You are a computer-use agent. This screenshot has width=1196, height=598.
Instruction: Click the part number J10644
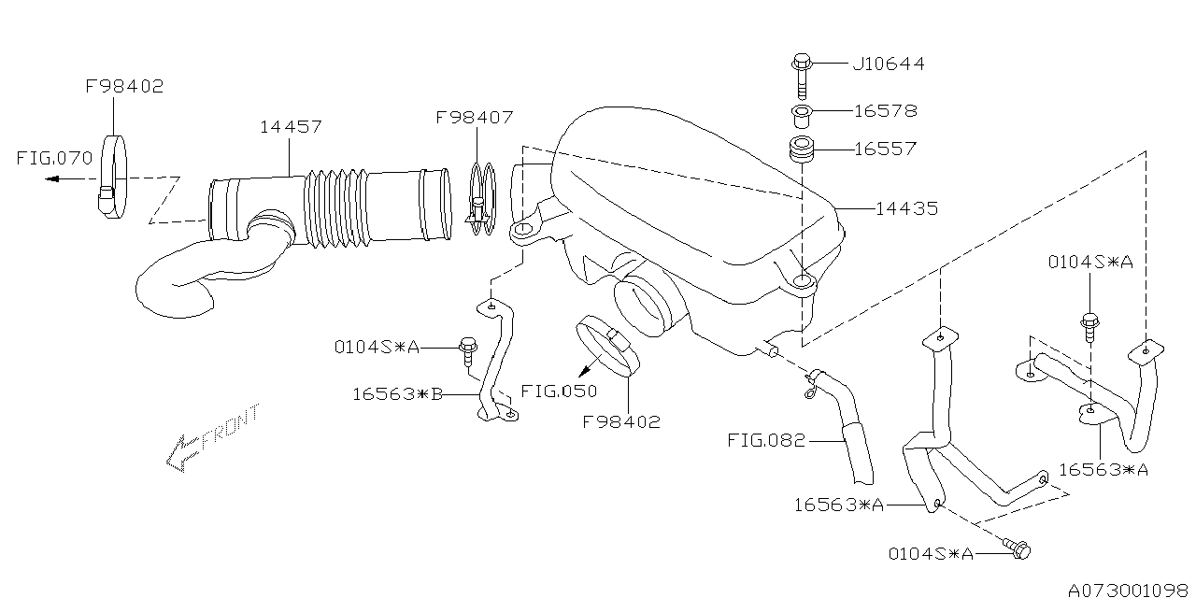[x=888, y=64]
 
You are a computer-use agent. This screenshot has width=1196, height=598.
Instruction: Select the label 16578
[x=885, y=111]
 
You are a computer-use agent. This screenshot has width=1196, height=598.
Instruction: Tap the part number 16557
[x=885, y=149]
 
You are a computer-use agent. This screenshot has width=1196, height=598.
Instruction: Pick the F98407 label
[x=474, y=118]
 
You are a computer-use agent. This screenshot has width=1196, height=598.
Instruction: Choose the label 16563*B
[x=396, y=394]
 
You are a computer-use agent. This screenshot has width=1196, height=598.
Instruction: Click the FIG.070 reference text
[x=54, y=158]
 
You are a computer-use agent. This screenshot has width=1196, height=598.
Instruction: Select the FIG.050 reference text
[x=559, y=391]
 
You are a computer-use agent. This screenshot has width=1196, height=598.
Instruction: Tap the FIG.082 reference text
[x=765, y=440]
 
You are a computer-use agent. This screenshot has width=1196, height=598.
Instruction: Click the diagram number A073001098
[x=1129, y=590]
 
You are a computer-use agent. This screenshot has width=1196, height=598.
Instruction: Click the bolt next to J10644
[x=801, y=75]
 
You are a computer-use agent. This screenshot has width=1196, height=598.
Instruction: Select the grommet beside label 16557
[x=801, y=149]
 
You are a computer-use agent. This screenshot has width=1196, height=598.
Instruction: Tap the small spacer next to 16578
[x=801, y=116]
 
